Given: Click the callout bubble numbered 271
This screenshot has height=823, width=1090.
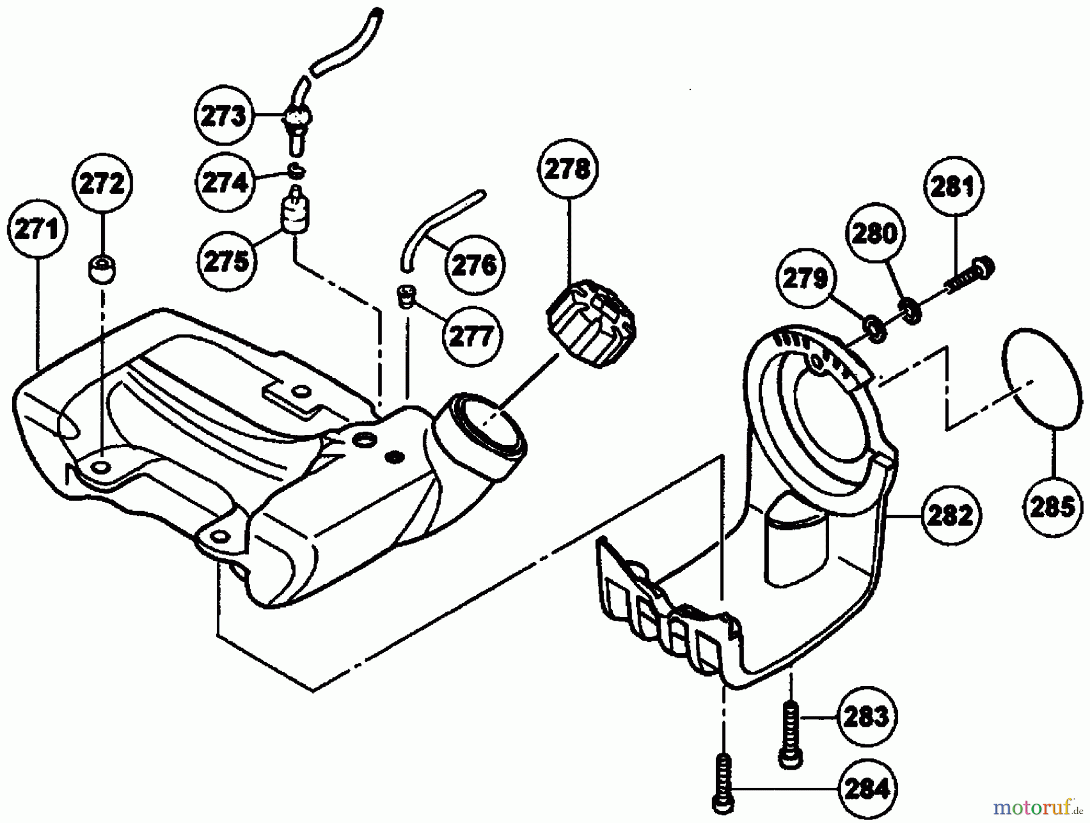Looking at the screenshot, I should [37, 230].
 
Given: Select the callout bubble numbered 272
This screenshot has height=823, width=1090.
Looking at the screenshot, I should [102, 183].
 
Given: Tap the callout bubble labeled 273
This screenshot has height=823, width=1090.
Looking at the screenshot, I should [223, 116].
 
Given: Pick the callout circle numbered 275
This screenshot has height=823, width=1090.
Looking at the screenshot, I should [226, 261].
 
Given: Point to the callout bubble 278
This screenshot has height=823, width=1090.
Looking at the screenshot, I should [567, 170].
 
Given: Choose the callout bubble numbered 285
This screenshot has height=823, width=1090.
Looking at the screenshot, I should [1052, 506].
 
